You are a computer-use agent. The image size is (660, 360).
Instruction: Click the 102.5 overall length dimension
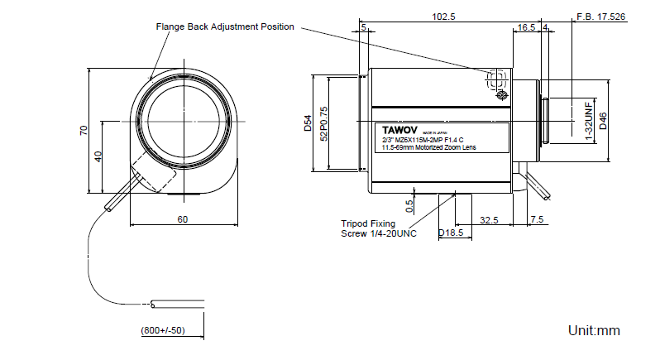click(444, 16)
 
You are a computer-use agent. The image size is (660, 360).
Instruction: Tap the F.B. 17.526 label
click(600, 16)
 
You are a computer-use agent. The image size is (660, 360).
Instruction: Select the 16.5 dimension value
click(526, 27)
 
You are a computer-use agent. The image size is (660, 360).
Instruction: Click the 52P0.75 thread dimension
click(323, 123)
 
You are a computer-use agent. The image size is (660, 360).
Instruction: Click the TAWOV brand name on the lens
click(400, 130)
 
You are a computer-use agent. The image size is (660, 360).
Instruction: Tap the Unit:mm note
click(594, 331)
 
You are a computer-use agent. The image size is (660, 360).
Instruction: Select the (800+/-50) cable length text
click(163, 331)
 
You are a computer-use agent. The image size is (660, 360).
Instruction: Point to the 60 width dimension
click(183, 219)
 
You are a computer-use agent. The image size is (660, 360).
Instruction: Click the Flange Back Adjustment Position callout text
click(225, 26)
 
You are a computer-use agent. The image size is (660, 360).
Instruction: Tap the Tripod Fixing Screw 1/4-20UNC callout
click(380, 228)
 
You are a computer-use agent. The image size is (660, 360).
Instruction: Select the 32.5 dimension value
click(489, 219)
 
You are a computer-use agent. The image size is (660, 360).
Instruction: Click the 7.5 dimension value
click(536, 219)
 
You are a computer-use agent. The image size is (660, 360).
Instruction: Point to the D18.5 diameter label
click(450, 233)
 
